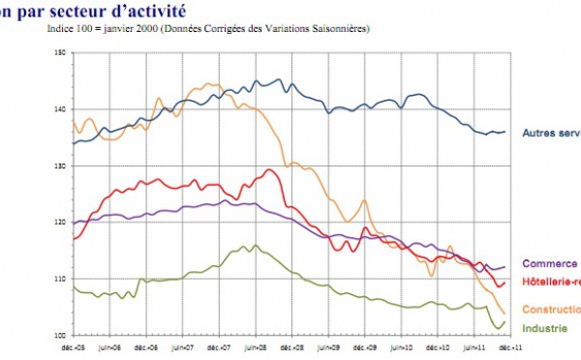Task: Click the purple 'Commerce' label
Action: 549,263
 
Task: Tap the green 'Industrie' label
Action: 547,329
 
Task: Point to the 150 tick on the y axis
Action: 58,53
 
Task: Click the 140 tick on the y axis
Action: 58,109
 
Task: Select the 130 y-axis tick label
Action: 58,166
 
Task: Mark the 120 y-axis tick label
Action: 58,223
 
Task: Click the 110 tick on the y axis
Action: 58,279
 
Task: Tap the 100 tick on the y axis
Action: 58,335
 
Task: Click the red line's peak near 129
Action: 269,170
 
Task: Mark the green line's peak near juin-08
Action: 255,246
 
